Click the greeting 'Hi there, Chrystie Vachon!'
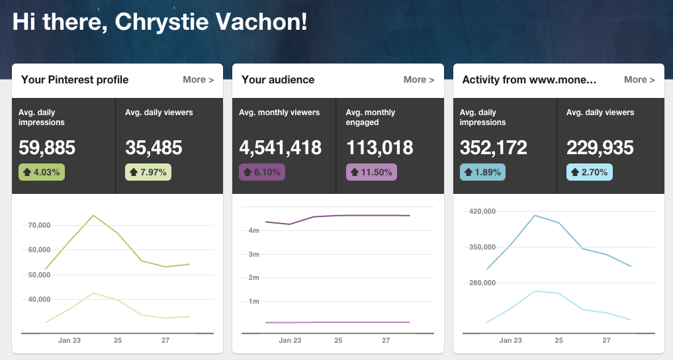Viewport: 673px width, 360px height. (x=160, y=22)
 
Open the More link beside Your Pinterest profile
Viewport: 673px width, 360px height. (x=198, y=79)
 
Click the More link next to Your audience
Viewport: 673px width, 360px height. (x=419, y=79)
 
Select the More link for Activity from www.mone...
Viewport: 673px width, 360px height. (x=639, y=79)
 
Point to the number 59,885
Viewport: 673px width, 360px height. (x=47, y=148)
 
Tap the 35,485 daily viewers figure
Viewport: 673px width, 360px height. (x=154, y=148)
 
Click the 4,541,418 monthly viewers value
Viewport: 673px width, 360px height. (x=281, y=148)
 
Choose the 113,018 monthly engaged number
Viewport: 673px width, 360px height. (x=379, y=148)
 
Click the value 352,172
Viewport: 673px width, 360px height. (x=494, y=148)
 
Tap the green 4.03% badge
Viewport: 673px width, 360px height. (x=42, y=172)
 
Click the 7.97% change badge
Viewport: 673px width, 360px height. (x=148, y=172)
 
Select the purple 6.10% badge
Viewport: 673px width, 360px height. (x=262, y=172)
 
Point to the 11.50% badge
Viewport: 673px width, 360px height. (x=372, y=172)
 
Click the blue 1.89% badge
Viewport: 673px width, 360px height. (x=482, y=172)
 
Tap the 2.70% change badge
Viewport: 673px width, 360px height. (x=589, y=172)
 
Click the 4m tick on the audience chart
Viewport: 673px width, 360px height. (x=253, y=230)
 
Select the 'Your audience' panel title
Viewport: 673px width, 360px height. (x=278, y=79)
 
